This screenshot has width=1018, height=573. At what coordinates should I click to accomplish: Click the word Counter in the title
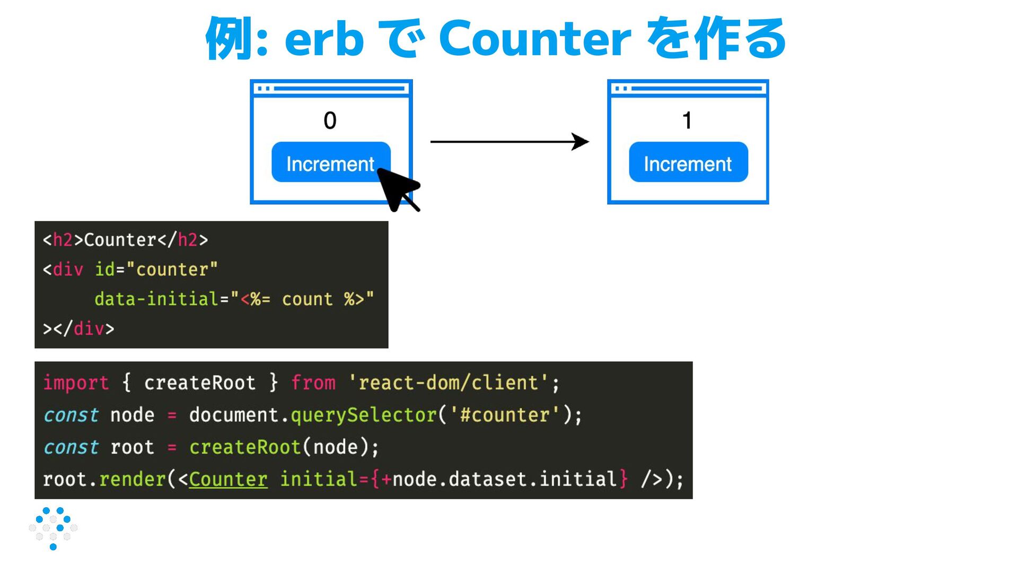[534, 38]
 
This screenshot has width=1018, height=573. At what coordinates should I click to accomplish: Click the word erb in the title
[324, 38]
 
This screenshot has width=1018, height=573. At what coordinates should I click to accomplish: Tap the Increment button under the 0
[330, 162]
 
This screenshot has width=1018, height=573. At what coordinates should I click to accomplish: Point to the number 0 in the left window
[330, 120]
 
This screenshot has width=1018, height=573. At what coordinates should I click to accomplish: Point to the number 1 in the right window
[687, 120]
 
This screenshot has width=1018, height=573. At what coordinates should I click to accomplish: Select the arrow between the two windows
[509, 142]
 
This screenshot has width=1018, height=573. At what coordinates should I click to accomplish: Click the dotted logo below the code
[53, 528]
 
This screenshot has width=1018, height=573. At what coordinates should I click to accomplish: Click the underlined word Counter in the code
[228, 479]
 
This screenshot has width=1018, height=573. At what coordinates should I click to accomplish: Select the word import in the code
[76, 383]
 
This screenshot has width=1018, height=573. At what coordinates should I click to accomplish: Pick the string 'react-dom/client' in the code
[448, 383]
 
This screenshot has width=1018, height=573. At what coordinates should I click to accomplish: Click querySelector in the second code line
[363, 415]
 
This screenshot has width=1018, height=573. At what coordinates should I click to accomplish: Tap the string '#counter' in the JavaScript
[504, 415]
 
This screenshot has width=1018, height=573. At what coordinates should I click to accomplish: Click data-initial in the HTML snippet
[156, 299]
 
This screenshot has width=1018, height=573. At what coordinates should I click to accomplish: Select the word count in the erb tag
[307, 299]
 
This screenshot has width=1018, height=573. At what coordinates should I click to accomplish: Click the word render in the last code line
[133, 479]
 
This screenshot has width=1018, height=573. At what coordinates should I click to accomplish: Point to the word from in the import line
[313, 383]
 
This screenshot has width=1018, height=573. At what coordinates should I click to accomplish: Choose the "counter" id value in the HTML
[172, 270]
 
